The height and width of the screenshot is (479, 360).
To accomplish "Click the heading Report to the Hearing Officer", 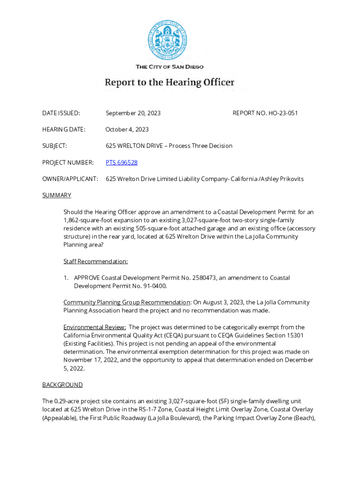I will click(x=169, y=83).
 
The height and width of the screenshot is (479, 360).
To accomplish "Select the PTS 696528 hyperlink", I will click(x=122, y=162).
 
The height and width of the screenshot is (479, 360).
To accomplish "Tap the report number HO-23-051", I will click(x=283, y=113).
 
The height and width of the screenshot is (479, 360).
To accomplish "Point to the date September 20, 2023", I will click(x=133, y=113).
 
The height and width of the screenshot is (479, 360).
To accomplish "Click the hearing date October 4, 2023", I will click(x=127, y=130).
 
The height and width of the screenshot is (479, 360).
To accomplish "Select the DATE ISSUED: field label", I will click(x=61, y=113).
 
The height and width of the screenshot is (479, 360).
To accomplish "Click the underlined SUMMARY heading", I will click(x=57, y=195).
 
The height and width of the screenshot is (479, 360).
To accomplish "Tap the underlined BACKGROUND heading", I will click(x=63, y=385).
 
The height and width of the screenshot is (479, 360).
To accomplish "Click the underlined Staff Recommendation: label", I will click(x=95, y=261).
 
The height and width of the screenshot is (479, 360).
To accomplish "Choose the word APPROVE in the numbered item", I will click(x=87, y=278).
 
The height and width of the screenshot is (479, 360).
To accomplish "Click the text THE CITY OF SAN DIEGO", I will click(x=169, y=67).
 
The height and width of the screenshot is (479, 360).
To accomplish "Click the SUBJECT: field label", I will click(x=55, y=146).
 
